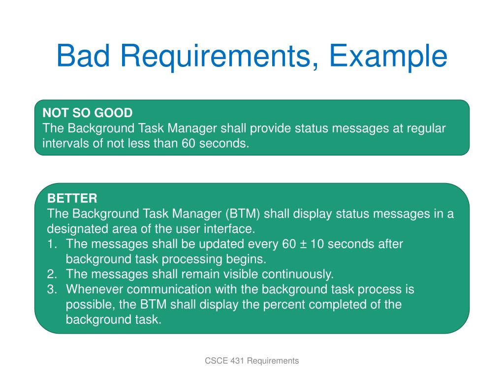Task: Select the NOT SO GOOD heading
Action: click(88, 113)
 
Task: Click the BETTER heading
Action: click(72, 198)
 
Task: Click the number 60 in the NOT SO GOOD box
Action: click(189, 144)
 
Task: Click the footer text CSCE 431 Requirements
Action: click(252, 361)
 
